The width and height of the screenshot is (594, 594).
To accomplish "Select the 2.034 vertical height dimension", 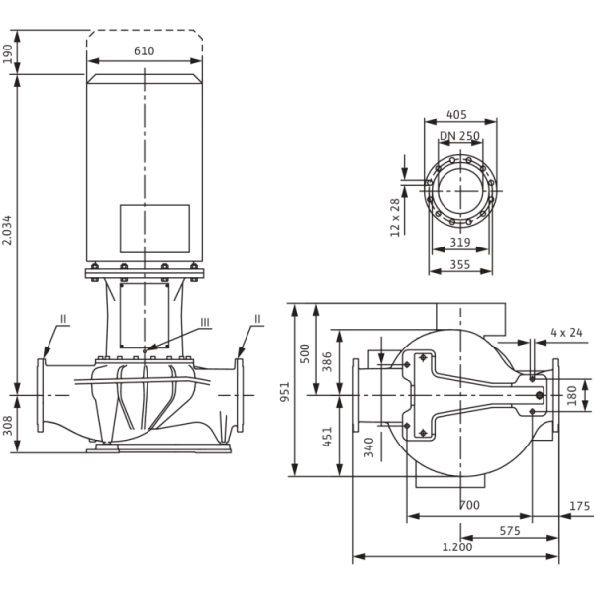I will point(8,234).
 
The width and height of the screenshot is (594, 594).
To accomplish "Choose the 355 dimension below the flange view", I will point(458,265).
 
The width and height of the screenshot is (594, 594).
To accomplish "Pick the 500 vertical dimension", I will point(305,350).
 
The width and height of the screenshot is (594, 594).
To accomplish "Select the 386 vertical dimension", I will point(328,363).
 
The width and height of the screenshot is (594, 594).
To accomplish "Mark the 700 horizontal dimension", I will point(471,506).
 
